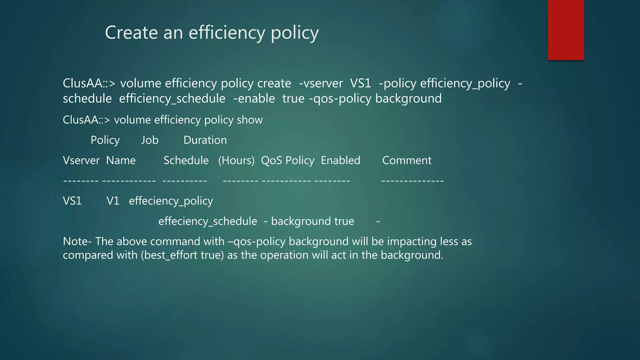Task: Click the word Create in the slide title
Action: [x=131, y=32]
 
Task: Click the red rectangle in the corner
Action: [x=566, y=30]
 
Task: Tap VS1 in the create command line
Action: [x=360, y=83]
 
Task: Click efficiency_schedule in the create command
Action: [x=172, y=99]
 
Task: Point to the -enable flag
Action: [x=254, y=99]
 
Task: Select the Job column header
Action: [x=150, y=140]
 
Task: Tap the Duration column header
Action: [x=205, y=140]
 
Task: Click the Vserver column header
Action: [x=81, y=161]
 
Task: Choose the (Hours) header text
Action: [x=236, y=161]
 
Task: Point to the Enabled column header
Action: [x=341, y=161]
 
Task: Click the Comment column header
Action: [x=407, y=161]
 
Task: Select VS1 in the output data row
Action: [x=72, y=201]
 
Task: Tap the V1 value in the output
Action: [x=113, y=201]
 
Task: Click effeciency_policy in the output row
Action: [x=171, y=201]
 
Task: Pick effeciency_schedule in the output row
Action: [x=208, y=222]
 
